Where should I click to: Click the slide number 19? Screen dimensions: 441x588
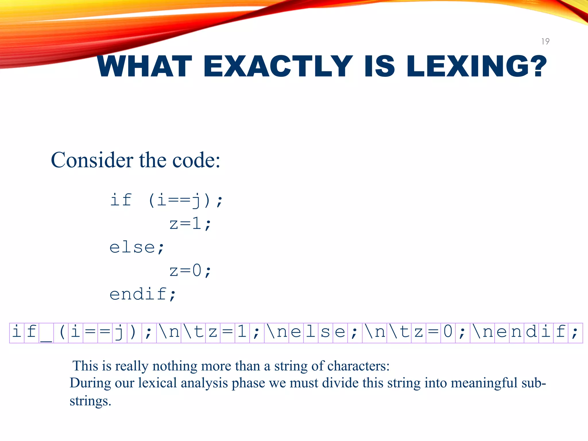point(545,41)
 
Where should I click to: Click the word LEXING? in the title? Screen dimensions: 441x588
point(477,67)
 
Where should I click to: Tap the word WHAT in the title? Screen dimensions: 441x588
point(144,67)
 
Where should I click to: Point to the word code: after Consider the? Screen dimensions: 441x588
point(196,160)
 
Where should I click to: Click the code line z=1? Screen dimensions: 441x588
point(190,224)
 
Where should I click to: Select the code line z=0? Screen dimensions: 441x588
point(190,271)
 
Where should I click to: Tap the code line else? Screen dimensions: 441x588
point(137,247)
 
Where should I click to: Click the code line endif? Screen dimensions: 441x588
point(143,294)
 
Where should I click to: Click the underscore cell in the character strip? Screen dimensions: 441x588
point(46,333)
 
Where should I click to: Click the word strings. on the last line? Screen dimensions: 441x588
point(90,401)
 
